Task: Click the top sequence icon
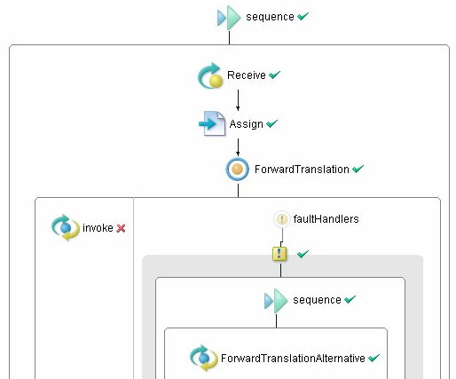click(229, 18)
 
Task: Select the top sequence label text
click(270, 17)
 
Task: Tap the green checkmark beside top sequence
click(303, 16)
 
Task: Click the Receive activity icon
click(210, 75)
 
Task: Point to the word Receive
click(247, 75)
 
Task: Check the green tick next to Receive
click(274, 75)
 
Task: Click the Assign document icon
click(212, 123)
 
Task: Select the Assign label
click(246, 124)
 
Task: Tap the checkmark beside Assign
click(271, 123)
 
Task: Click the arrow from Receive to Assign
click(238, 100)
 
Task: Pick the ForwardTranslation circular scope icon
click(238, 170)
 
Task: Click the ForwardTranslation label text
click(302, 170)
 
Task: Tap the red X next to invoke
click(121, 228)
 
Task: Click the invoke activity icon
click(66, 227)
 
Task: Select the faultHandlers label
click(326, 219)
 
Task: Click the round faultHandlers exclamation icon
click(282, 219)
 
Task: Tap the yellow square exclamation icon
click(279, 254)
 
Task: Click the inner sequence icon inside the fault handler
click(276, 301)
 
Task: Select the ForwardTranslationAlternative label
click(293, 359)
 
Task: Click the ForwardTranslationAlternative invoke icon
click(204, 358)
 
